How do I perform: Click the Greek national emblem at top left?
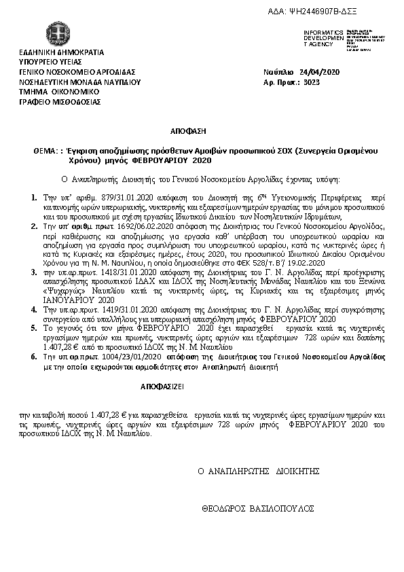click(x=56, y=33)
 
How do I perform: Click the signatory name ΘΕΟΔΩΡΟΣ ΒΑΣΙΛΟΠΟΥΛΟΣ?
click(x=257, y=507)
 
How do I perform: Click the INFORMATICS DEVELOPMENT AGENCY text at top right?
click(x=322, y=38)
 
